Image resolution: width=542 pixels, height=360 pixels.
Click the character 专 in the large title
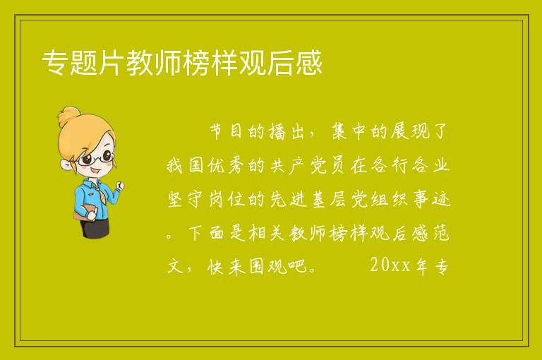55,63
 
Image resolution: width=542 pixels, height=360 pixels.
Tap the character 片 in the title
111,63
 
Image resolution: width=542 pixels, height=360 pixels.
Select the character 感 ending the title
309,63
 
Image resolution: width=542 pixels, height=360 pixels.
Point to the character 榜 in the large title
196,63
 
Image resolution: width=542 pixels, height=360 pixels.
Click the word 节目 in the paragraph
226,132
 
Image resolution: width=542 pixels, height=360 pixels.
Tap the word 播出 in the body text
286,132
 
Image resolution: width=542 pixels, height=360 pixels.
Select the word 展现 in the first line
410,132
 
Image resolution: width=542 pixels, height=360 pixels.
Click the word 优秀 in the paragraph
226,166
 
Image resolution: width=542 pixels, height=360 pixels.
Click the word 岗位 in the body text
226,200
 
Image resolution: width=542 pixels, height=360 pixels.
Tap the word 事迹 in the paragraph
433,200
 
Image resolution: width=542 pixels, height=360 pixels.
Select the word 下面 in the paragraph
205,233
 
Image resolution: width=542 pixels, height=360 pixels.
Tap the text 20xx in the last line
390,265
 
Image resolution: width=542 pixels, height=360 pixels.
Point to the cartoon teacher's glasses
95,157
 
